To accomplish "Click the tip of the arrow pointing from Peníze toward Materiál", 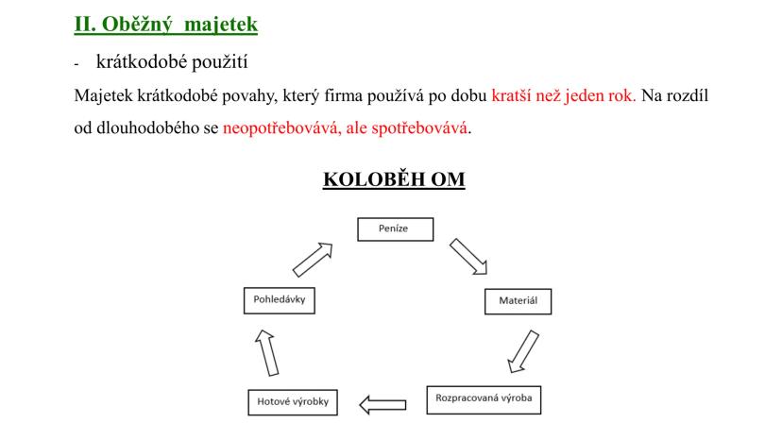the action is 486,274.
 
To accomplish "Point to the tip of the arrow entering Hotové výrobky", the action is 360,404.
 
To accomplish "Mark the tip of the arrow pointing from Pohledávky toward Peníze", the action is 331,244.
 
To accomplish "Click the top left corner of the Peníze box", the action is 358,218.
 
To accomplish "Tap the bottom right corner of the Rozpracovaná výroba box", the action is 541,414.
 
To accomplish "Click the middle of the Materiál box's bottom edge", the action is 518,313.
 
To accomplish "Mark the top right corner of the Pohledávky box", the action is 314,287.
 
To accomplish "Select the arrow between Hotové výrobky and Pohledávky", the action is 267,353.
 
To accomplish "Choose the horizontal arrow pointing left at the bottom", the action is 383,404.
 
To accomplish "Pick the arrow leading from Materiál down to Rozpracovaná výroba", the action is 523,351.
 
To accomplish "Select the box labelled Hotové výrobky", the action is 293,402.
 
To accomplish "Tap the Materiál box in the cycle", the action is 518,301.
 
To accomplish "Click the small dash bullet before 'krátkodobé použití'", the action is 76,64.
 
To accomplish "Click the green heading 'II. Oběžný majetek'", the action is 166,24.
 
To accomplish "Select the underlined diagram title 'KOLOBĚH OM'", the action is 394,179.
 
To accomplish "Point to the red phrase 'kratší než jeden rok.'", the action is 564,95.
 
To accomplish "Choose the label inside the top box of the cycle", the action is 393,228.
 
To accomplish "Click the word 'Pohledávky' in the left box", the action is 280,299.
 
